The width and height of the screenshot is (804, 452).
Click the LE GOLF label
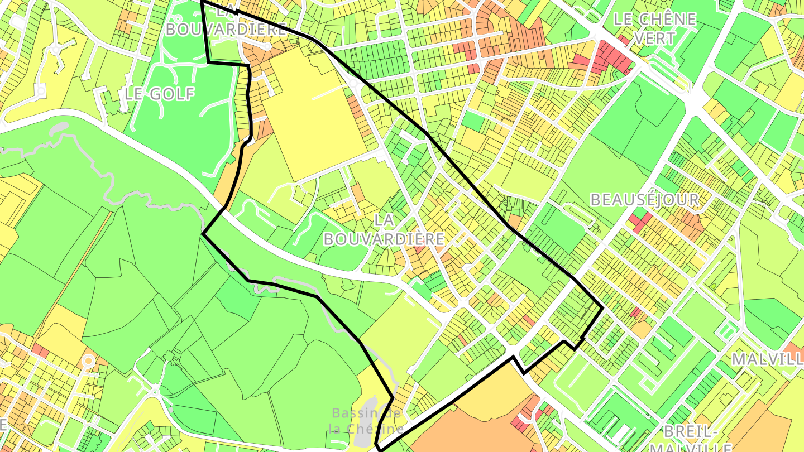coord(160,94)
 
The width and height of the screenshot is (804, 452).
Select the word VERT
coord(654,38)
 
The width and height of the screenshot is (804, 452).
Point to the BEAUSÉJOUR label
coord(644,200)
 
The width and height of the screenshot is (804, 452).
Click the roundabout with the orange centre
coord(88,361)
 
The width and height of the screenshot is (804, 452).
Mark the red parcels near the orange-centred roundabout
coord(40,350)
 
